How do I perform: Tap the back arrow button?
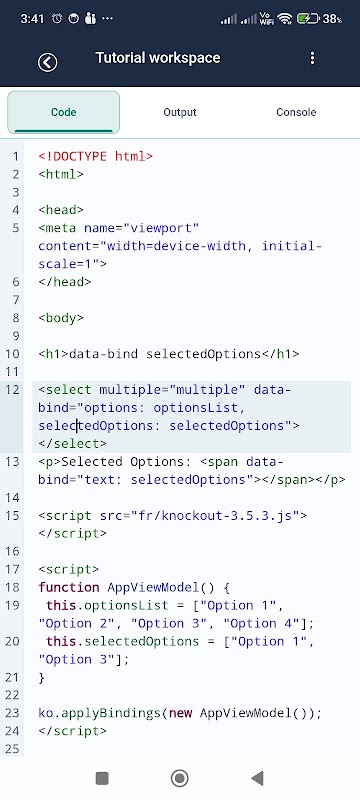(47, 62)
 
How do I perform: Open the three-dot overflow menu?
(313, 58)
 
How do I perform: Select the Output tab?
(180, 112)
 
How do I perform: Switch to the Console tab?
(296, 112)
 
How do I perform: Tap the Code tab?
(64, 112)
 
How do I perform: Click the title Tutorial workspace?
(158, 58)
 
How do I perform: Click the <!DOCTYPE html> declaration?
(95, 156)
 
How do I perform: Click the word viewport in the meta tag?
(164, 228)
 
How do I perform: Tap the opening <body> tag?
(61, 318)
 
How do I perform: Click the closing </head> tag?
(64, 282)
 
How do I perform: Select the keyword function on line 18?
(69, 587)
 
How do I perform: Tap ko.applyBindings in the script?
(99, 713)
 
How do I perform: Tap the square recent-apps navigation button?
(102, 778)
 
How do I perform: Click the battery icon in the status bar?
(308, 19)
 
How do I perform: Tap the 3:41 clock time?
(33, 19)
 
